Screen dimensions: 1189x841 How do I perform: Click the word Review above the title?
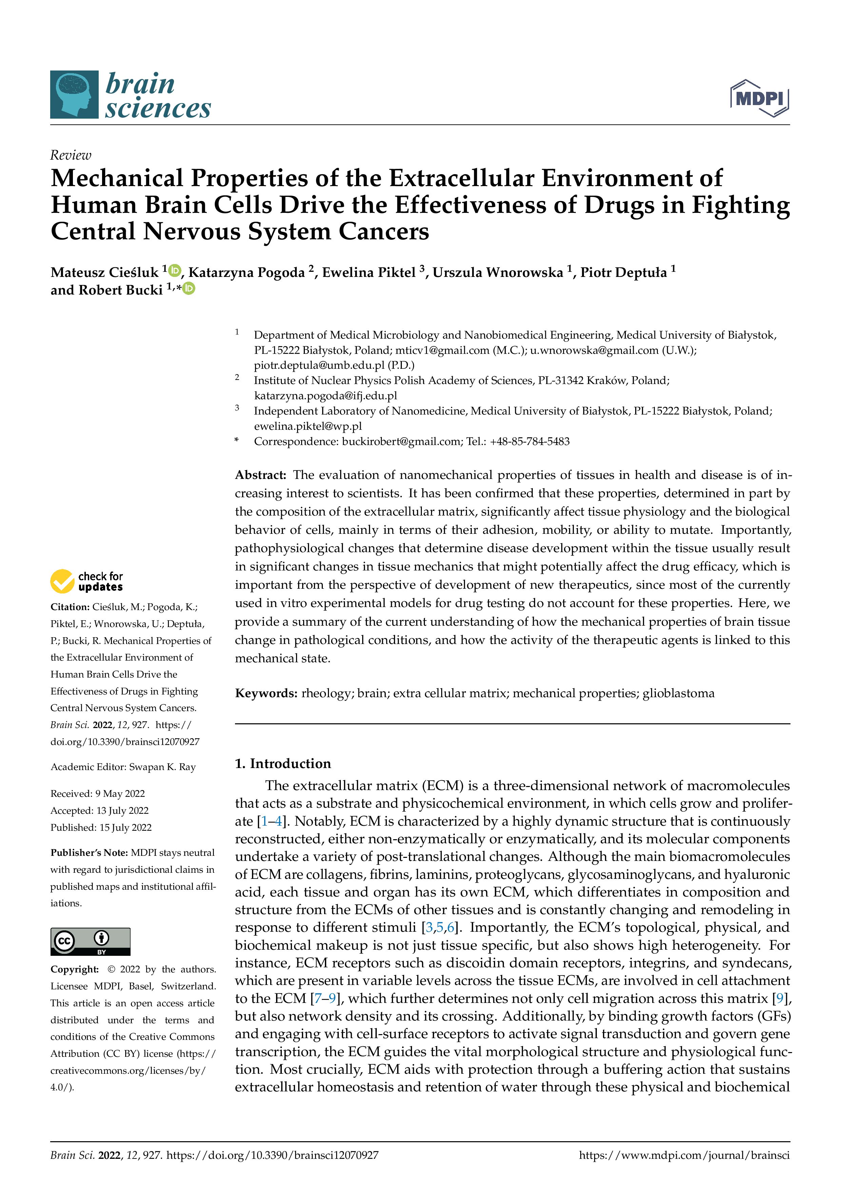[71, 155]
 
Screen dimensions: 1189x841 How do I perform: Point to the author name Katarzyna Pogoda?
[246, 273]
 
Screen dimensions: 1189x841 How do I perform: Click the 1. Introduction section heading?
[282, 763]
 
